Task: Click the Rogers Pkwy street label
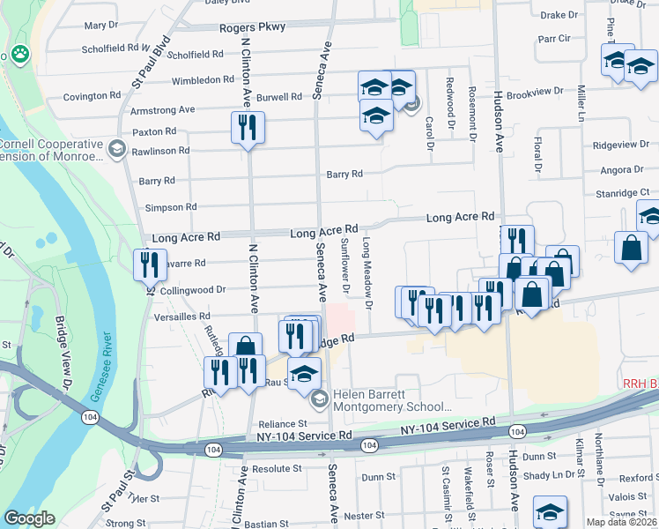click(253, 27)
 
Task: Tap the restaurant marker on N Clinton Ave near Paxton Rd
click(248, 128)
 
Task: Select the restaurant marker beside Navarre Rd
click(150, 264)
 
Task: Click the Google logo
click(29, 518)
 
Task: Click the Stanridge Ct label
click(621, 191)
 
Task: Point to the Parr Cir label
click(555, 39)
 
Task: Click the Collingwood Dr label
click(194, 289)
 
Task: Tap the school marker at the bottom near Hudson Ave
click(550, 511)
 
